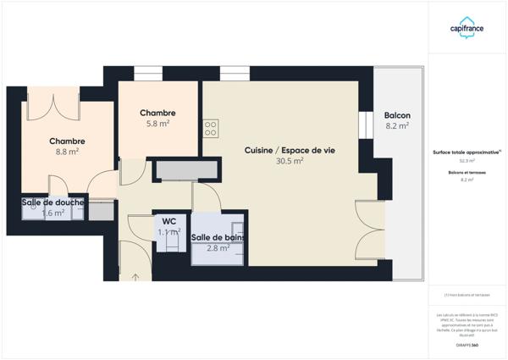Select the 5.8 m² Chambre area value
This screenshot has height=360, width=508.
pyautogui.click(x=158, y=124)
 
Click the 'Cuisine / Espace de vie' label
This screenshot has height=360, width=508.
pyautogui.click(x=290, y=150)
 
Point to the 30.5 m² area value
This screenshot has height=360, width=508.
pyautogui.click(x=290, y=161)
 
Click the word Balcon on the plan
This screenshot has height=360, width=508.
pyautogui.click(x=397, y=115)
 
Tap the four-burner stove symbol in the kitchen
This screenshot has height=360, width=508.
pyautogui.click(x=210, y=129)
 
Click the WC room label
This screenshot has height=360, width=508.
pyautogui.click(x=169, y=221)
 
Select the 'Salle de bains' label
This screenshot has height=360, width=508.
pyautogui.click(x=218, y=237)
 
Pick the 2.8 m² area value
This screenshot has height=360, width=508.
pyautogui.click(x=218, y=248)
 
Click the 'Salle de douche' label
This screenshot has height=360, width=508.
pyautogui.click(x=53, y=202)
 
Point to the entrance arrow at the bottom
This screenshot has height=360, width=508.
pyautogui.click(x=136, y=276)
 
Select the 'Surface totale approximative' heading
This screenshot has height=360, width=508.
pyautogui.click(x=467, y=152)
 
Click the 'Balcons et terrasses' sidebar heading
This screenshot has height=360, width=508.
pyautogui.click(x=467, y=173)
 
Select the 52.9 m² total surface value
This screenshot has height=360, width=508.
pyautogui.click(x=467, y=160)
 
